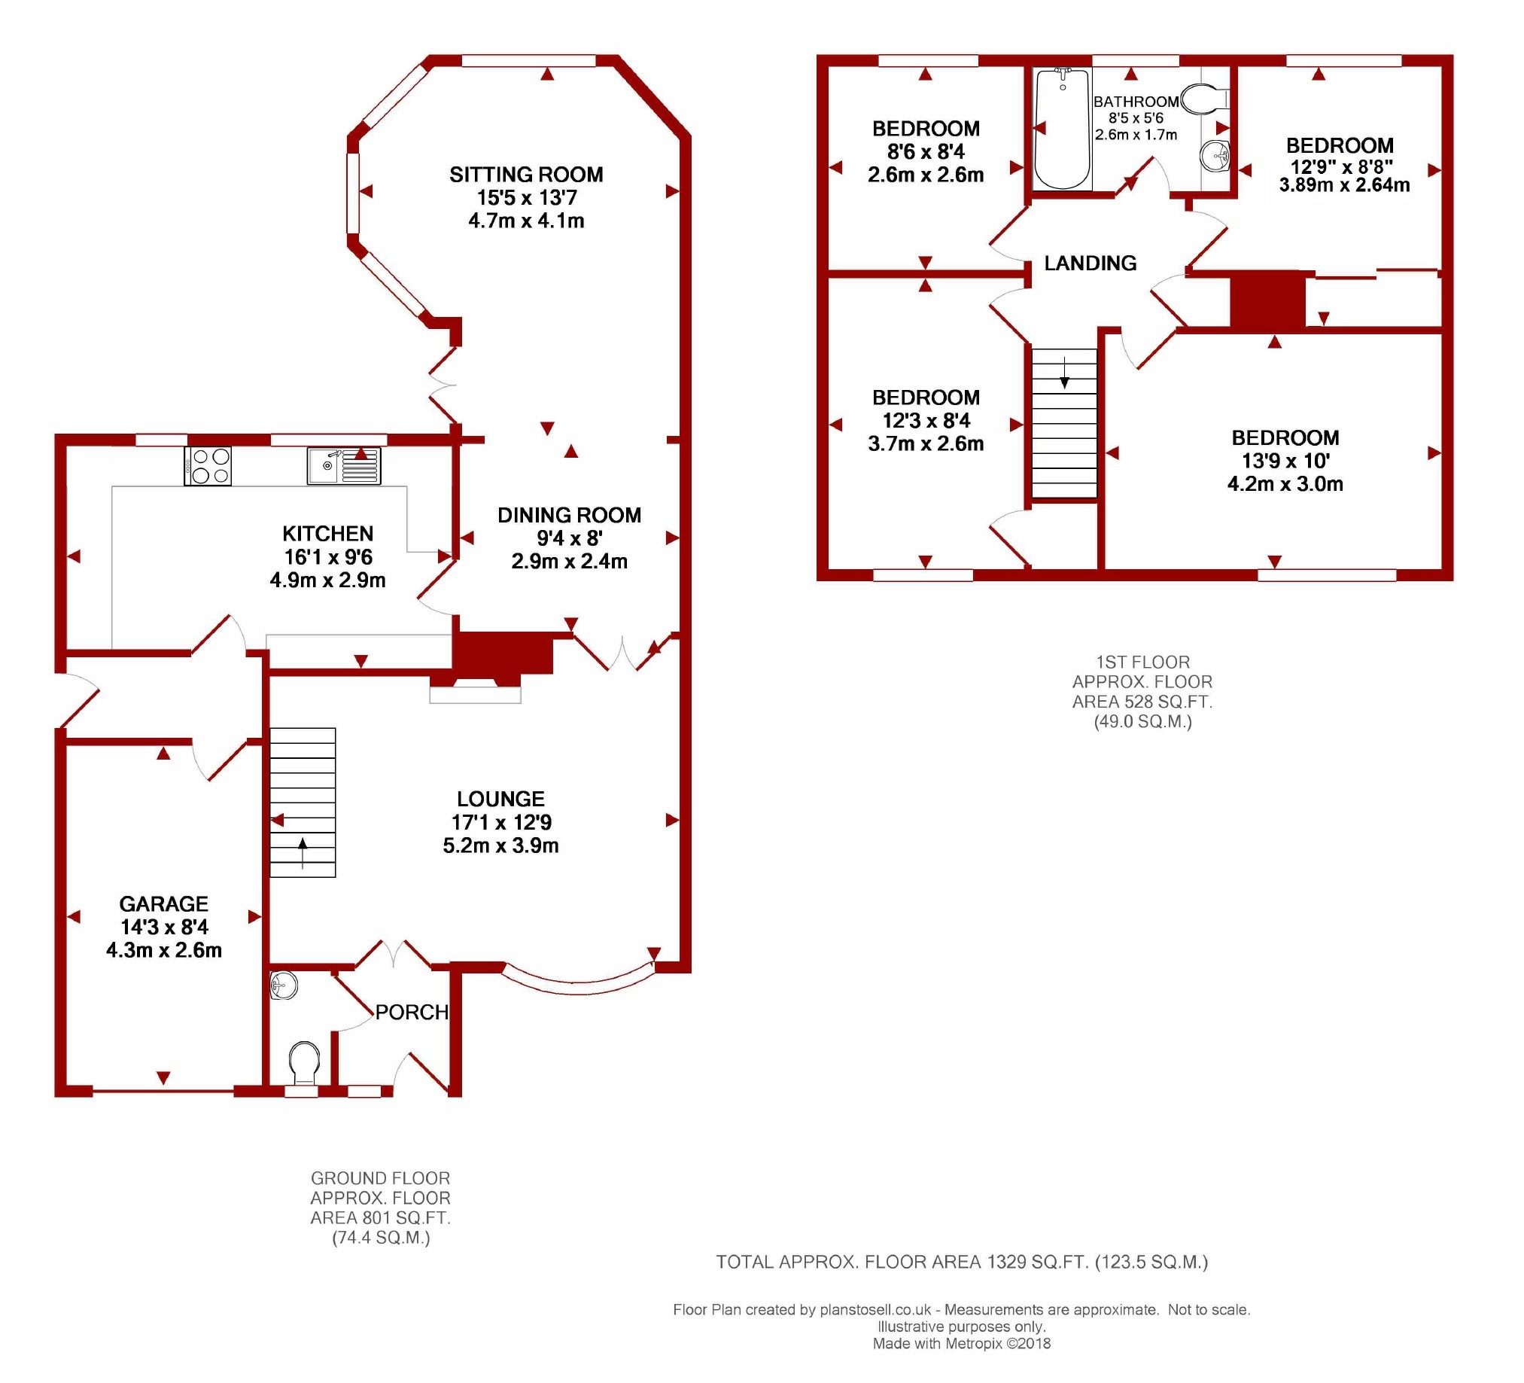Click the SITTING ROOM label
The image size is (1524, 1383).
526,175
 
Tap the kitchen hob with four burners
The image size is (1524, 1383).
208,466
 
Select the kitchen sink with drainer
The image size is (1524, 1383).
344,466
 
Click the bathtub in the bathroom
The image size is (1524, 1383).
1062,129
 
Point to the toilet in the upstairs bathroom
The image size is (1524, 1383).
1205,99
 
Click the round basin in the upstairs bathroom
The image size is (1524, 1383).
1215,157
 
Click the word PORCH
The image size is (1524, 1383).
412,1012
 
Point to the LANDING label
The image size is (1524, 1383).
1090,264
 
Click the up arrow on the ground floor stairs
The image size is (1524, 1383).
303,852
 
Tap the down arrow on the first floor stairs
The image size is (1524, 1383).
1064,373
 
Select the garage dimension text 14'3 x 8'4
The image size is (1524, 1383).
164,927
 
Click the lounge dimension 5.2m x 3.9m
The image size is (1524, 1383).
500,845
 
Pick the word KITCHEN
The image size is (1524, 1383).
327,534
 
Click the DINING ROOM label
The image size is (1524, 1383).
569,515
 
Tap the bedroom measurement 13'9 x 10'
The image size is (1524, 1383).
1285,461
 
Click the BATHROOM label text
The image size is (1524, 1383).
1136,102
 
